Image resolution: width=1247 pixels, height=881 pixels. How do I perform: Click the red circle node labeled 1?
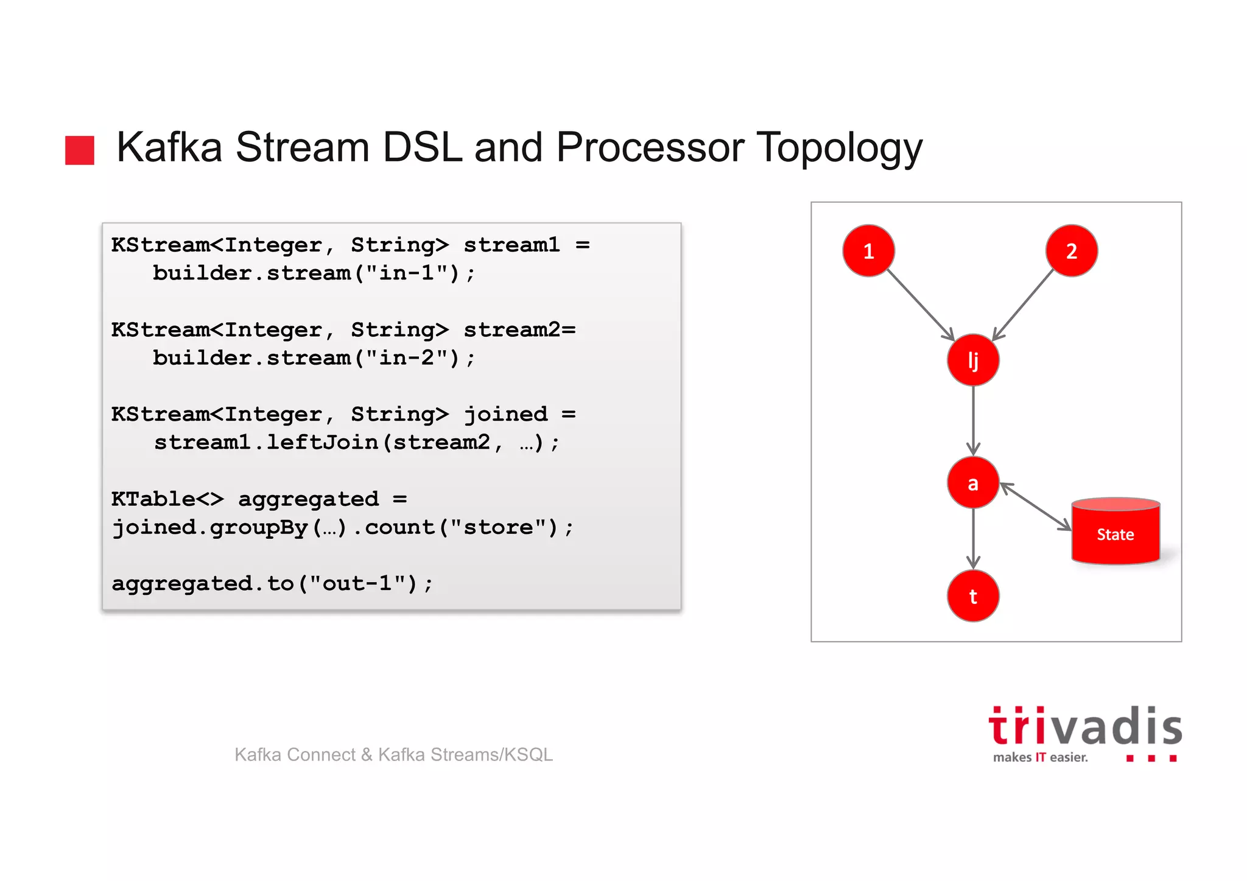[x=868, y=251]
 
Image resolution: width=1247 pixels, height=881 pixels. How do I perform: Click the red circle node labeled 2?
[x=1072, y=251]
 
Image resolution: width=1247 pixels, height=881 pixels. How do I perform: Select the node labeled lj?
[x=973, y=360]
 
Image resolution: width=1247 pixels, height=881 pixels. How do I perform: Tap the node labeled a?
[x=973, y=483]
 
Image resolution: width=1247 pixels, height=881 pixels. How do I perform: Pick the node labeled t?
[x=973, y=596]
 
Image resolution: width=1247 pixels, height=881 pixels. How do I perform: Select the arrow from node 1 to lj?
[x=920, y=304]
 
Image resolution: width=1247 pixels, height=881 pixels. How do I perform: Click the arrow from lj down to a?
[x=973, y=420]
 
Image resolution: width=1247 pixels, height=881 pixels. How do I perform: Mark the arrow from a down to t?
[x=973, y=538]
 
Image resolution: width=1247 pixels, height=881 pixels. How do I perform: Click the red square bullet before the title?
[x=80, y=150]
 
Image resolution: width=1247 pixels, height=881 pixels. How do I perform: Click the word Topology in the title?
[x=839, y=148]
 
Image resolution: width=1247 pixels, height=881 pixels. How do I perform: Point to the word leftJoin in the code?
[x=322, y=442]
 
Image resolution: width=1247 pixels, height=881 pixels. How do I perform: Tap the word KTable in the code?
[x=153, y=499]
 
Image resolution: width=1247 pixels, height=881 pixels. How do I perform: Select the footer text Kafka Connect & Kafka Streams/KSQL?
[x=393, y=754]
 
